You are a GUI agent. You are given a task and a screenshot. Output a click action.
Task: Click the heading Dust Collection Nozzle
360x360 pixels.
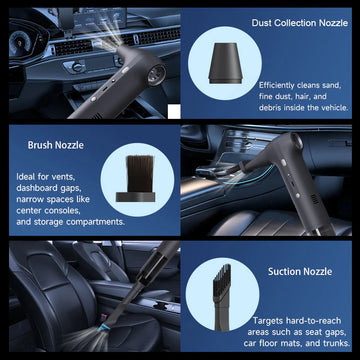[300, 23]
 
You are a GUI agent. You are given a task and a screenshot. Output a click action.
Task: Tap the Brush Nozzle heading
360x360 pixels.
[56, 145]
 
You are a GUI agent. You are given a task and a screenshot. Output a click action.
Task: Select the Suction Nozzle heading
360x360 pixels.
[300, 271]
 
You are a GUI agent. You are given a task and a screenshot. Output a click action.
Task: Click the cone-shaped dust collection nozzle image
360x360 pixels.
[225, 63]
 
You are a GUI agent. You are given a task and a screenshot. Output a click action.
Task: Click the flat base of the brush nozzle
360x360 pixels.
[135, 197]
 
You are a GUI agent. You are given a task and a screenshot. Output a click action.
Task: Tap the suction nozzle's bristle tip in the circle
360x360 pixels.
[222, 277]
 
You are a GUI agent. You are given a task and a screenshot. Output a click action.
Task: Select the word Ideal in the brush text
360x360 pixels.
[25, 177]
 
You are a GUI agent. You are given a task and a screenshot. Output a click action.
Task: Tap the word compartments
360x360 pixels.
[100, 222]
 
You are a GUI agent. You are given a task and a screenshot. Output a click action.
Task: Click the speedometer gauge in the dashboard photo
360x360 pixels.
[20, 42]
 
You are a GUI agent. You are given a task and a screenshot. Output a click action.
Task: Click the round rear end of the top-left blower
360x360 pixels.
[156, 74]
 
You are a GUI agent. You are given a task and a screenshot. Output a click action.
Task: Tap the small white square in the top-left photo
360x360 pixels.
[174, 111]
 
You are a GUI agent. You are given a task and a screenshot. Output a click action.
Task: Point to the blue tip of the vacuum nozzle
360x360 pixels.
[102, 328]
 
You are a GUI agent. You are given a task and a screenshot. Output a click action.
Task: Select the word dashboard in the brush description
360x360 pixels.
[37, 188]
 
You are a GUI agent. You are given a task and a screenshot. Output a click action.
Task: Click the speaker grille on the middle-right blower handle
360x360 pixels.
[314, 199]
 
